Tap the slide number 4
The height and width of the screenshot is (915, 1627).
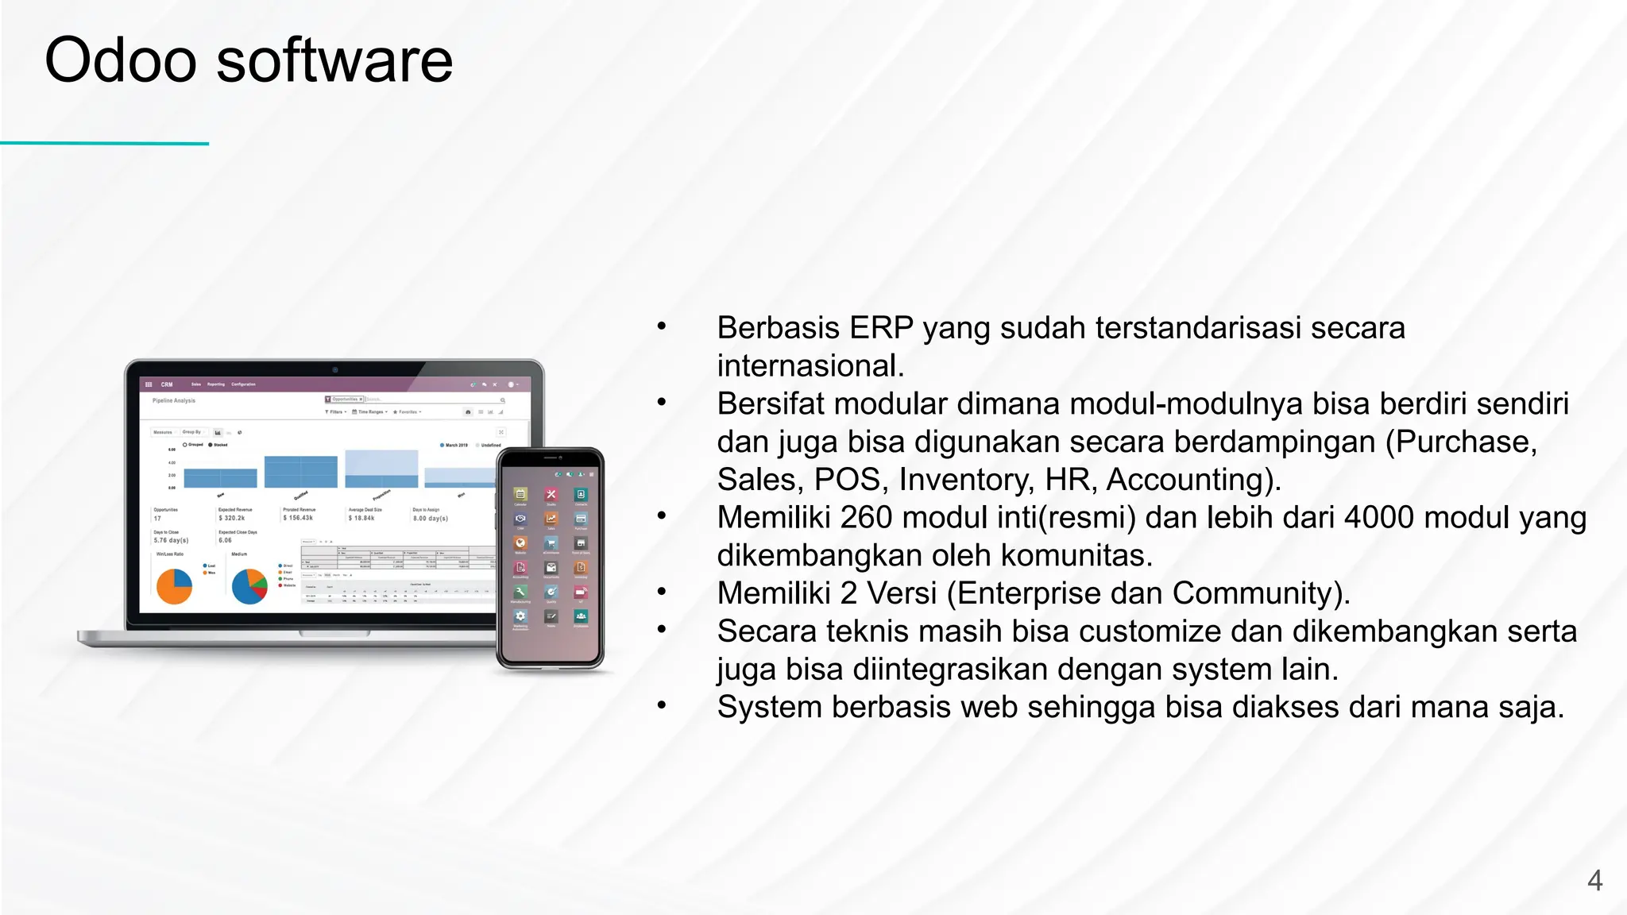pos(1594,880)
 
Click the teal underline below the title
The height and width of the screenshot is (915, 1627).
pos(104,144)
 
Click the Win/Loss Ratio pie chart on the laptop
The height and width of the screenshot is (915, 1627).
pos(174,586)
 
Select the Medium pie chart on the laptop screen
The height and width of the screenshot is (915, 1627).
pos(249,586)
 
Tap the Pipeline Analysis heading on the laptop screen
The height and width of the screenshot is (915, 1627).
pos(173,400)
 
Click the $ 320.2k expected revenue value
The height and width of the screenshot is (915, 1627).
pos(232,518)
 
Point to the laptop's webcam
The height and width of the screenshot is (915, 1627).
pos(334,369)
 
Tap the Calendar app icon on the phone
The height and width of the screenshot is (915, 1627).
pos(520,495)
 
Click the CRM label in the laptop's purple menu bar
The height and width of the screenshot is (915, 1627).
pos(167,384)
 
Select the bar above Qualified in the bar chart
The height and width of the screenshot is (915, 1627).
pos(300,471)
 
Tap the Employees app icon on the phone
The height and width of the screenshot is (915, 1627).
pos(581,616)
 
